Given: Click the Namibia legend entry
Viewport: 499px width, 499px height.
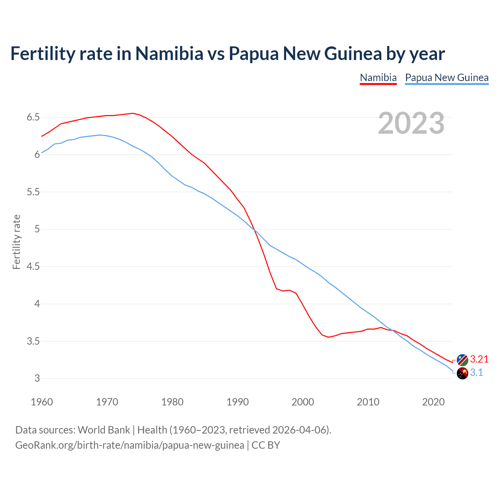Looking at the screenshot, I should (x=378, y=78).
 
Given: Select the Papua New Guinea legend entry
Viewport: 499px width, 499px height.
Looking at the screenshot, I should (x=447, y=78).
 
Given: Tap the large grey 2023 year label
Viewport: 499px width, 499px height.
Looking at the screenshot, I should (x=411, y=123).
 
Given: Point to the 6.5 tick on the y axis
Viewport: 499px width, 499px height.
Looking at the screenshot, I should (x=33, y=117).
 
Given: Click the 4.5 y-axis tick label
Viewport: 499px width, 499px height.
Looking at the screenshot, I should (x=33, y=267).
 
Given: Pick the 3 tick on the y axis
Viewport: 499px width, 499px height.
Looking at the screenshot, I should (x=37, y=379).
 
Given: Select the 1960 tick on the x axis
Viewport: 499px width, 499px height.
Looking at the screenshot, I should (x=42, y=402).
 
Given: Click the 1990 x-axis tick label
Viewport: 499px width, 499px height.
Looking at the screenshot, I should (x=237, y=402).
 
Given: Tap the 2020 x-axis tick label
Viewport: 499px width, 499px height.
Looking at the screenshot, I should (x=433, y=402).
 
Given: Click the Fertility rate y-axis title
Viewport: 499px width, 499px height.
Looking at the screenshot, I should (x=16, y=242).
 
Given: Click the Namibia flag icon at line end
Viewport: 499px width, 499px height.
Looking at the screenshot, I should (x=462, y=360).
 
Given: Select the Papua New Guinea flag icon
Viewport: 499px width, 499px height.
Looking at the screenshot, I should (x=462, y=373).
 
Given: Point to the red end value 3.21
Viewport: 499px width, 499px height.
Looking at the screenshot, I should (x=479, y=359).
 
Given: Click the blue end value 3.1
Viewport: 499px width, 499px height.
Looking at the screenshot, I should (x=476, y=373).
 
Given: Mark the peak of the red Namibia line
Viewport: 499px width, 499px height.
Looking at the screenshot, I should (x=133, y=113).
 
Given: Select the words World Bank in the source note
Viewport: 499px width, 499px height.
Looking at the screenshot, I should (x=104, y=430).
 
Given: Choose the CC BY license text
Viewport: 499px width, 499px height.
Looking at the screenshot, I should (x=266, y=445).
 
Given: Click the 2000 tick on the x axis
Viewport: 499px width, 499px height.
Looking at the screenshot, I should (x=303, y=402).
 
